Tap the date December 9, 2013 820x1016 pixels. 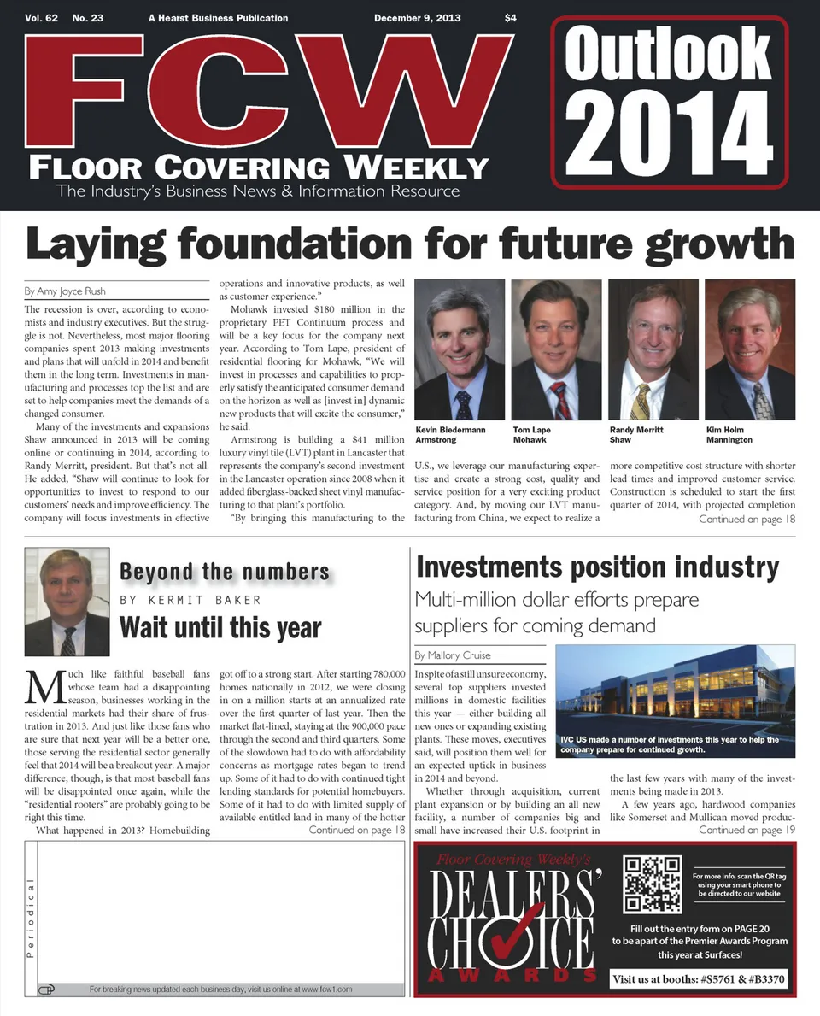(418, 18)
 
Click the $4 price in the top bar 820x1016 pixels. (511, 18)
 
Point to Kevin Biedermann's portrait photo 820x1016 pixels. (459, 349)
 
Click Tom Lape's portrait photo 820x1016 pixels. (556, 349)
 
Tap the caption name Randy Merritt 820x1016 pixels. (635, 430)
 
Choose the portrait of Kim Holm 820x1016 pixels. (749, 349)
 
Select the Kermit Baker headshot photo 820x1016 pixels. (67, 602)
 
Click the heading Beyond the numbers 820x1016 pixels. (225, 572)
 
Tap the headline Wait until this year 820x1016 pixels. (220, 627)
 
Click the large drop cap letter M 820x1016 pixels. (44, 687)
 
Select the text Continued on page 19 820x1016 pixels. (747, 830)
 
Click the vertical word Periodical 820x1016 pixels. (31, 918)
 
